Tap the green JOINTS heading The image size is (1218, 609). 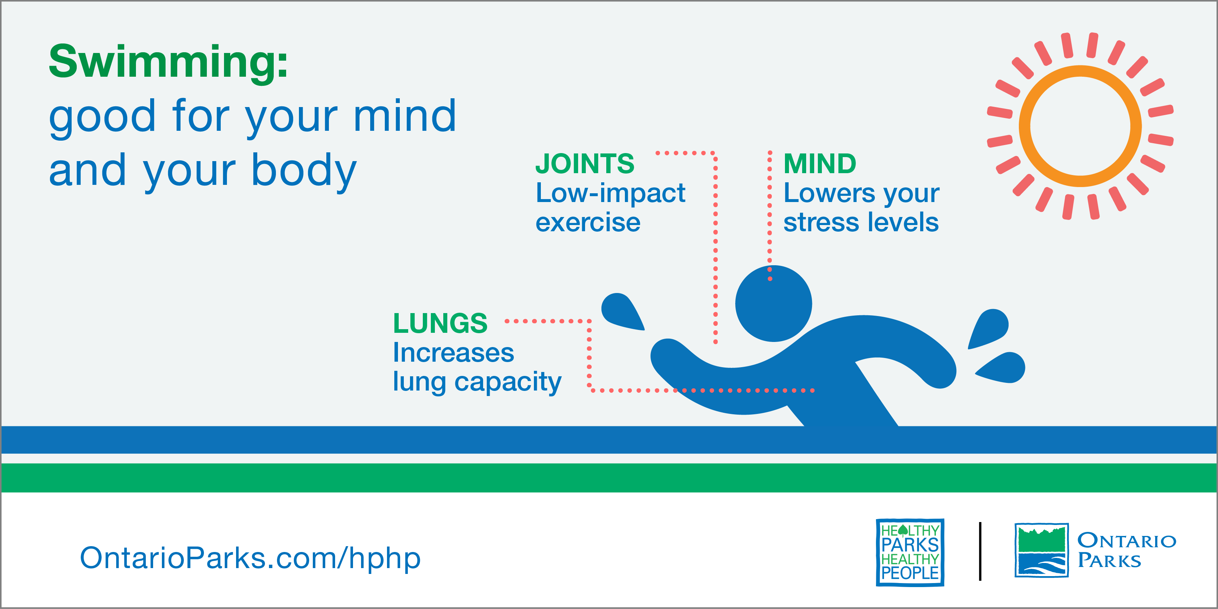[x=585, y=164]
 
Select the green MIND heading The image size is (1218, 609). [x=820, y=164]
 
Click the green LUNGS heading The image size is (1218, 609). [x=440, y=323]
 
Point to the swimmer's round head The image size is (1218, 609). [x=774, y=304]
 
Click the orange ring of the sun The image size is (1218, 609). [x=1080, y=71]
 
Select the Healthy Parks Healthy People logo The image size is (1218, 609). [x=910, y=552]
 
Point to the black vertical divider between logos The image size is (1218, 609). [x=980, y=551]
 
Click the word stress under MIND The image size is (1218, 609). [x=820, y=222]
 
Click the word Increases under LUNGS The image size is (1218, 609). [x=454, y=353]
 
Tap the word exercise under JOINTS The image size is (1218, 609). [x=588, y=222]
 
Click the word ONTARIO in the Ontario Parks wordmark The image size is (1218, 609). [x=1127, y=540]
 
